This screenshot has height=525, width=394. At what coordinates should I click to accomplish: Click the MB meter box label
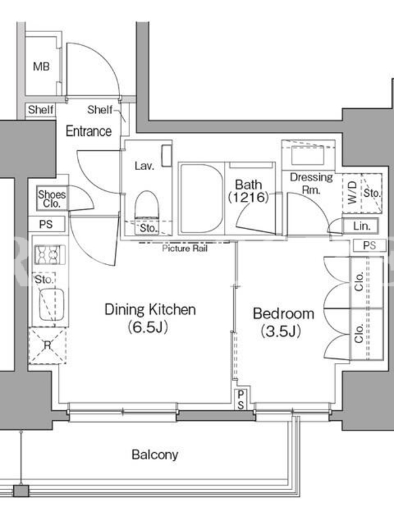pos(41,67)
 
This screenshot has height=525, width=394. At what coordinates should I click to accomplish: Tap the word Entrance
pos(89,131)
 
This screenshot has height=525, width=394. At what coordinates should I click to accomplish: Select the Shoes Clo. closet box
pos(52,198)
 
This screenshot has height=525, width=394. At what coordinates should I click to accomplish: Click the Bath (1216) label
pos(249,190)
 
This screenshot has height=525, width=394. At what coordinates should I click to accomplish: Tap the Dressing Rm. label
pos(311,183)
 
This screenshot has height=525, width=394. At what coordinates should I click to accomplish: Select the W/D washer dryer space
pos(352,193)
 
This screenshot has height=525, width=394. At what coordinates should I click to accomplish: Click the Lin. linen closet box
pos(361,226)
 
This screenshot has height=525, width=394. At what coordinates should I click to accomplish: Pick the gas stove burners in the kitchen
pos(50,255)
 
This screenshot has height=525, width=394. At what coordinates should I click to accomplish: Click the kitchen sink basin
pos(52,304)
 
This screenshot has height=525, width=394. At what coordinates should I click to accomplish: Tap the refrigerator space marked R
pos(47,346)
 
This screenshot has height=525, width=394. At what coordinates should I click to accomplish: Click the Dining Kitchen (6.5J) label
pos(150,318)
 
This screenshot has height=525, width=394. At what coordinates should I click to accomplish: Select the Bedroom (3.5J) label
pos(284,322)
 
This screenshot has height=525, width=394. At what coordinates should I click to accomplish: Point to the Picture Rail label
pos(185,249)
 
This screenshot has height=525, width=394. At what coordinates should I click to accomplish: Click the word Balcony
pos(155,455)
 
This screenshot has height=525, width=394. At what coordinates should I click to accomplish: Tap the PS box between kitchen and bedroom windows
pos(240,400)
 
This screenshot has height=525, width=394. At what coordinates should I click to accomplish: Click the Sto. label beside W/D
pos(372,193)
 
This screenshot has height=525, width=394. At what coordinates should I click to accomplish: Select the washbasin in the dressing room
pos(308,155)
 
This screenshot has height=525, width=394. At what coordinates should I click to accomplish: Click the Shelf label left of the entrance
pos(41,110)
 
